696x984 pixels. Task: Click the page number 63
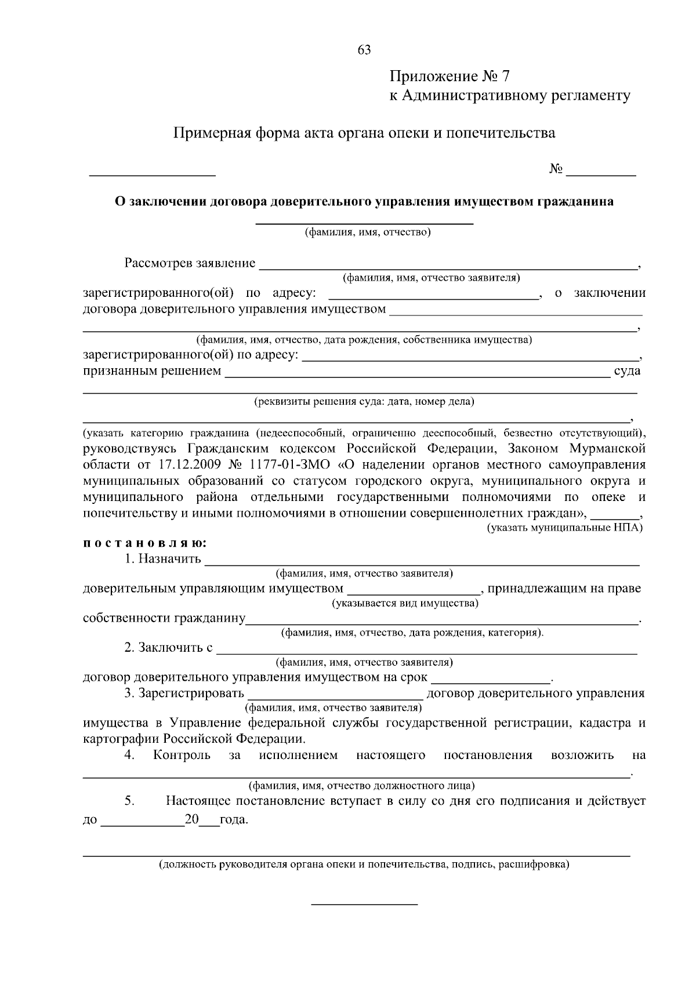(364, 50)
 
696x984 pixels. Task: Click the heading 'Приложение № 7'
(449, 77)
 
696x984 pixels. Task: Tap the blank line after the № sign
(601, 172)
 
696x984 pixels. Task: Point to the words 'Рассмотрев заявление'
(190, 263)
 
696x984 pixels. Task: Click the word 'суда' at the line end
(627, 371)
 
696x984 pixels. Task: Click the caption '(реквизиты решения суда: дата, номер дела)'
(364, 401)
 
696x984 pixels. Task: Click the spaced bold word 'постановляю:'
(145, 544)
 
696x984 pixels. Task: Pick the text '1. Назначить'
(162, 559)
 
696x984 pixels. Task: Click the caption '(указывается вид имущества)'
(405, 604)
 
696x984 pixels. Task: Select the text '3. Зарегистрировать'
(184, 694)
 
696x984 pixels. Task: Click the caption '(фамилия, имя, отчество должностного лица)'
(361, 786)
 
